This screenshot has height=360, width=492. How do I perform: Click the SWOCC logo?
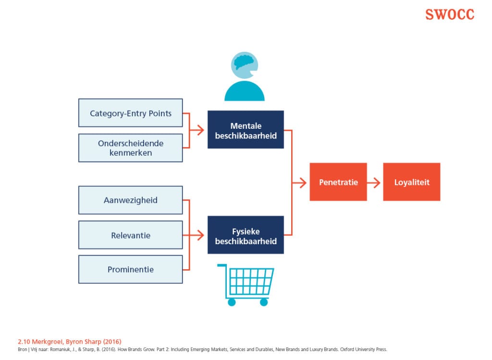449,14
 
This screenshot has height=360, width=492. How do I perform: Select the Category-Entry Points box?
130,113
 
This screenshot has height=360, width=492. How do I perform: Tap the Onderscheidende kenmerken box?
130,148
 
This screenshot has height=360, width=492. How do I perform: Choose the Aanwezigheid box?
130,200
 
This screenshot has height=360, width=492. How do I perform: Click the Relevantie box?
130,235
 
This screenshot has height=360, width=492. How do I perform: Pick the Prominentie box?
130,269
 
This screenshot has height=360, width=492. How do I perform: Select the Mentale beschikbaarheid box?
246,130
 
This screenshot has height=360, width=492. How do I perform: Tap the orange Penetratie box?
338,182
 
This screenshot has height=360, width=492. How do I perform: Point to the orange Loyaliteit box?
411,182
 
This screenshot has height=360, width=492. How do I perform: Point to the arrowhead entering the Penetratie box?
303,182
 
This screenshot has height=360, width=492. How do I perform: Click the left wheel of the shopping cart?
232,302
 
